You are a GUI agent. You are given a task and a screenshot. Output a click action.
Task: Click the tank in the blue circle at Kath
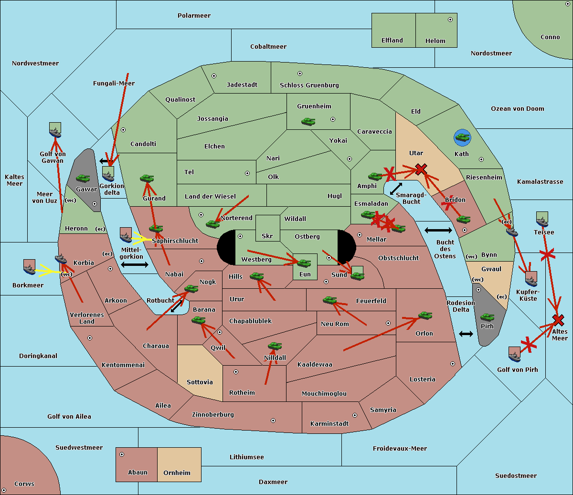(x=462, y=137)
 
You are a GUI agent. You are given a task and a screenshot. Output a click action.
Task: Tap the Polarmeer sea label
(x=194, y=16)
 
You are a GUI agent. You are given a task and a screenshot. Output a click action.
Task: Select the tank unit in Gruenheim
(x=308, y=121)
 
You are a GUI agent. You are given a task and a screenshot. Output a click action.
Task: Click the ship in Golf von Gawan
(x=55, y=130)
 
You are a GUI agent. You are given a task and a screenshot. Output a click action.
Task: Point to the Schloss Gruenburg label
(x=309, y=85)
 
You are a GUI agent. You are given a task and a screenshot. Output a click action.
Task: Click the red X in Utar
(x=421, y=169)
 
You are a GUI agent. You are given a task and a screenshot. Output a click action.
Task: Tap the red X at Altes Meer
(x=558, y=320)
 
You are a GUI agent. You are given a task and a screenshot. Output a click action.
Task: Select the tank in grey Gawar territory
(x=83, y=178)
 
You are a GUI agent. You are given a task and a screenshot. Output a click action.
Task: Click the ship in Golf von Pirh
(x=515, y=355)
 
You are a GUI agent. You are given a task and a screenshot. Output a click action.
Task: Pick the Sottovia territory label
(x=200, y=382)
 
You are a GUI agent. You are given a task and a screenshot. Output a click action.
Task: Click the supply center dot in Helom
(x=450, y=20)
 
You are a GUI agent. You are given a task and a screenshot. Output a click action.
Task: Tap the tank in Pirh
(x=487, y=317)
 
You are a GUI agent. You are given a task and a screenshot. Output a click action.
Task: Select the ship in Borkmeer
(x=29, y=267)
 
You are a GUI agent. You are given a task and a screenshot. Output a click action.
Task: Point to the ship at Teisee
(x=542, y=219)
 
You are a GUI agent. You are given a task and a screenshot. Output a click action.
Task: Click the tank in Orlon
(x=425, y=316)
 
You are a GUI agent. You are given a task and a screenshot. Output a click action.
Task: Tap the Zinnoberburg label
(x=213, y=414)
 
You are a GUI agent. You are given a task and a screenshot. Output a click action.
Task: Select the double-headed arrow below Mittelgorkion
(x=135, y=264)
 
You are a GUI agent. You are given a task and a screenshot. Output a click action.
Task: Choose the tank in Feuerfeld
(x=330, y=300)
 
